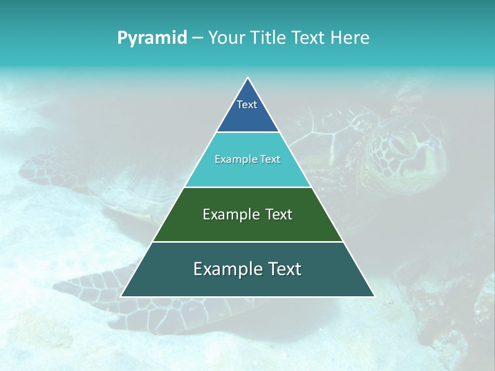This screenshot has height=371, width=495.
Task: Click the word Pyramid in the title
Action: [152, 38]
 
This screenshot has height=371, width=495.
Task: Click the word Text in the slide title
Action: [308, 38]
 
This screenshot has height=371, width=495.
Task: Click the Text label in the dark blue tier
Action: [247, 105]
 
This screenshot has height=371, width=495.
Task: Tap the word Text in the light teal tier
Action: [270, 160]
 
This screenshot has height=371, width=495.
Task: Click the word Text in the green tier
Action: [279, 214]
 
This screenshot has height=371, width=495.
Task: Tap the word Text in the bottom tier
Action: [285, 269]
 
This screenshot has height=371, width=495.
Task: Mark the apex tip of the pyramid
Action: [247, 78]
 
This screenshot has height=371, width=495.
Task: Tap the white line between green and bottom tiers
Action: [247, 242]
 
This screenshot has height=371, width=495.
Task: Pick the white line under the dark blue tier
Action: [247, 132]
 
